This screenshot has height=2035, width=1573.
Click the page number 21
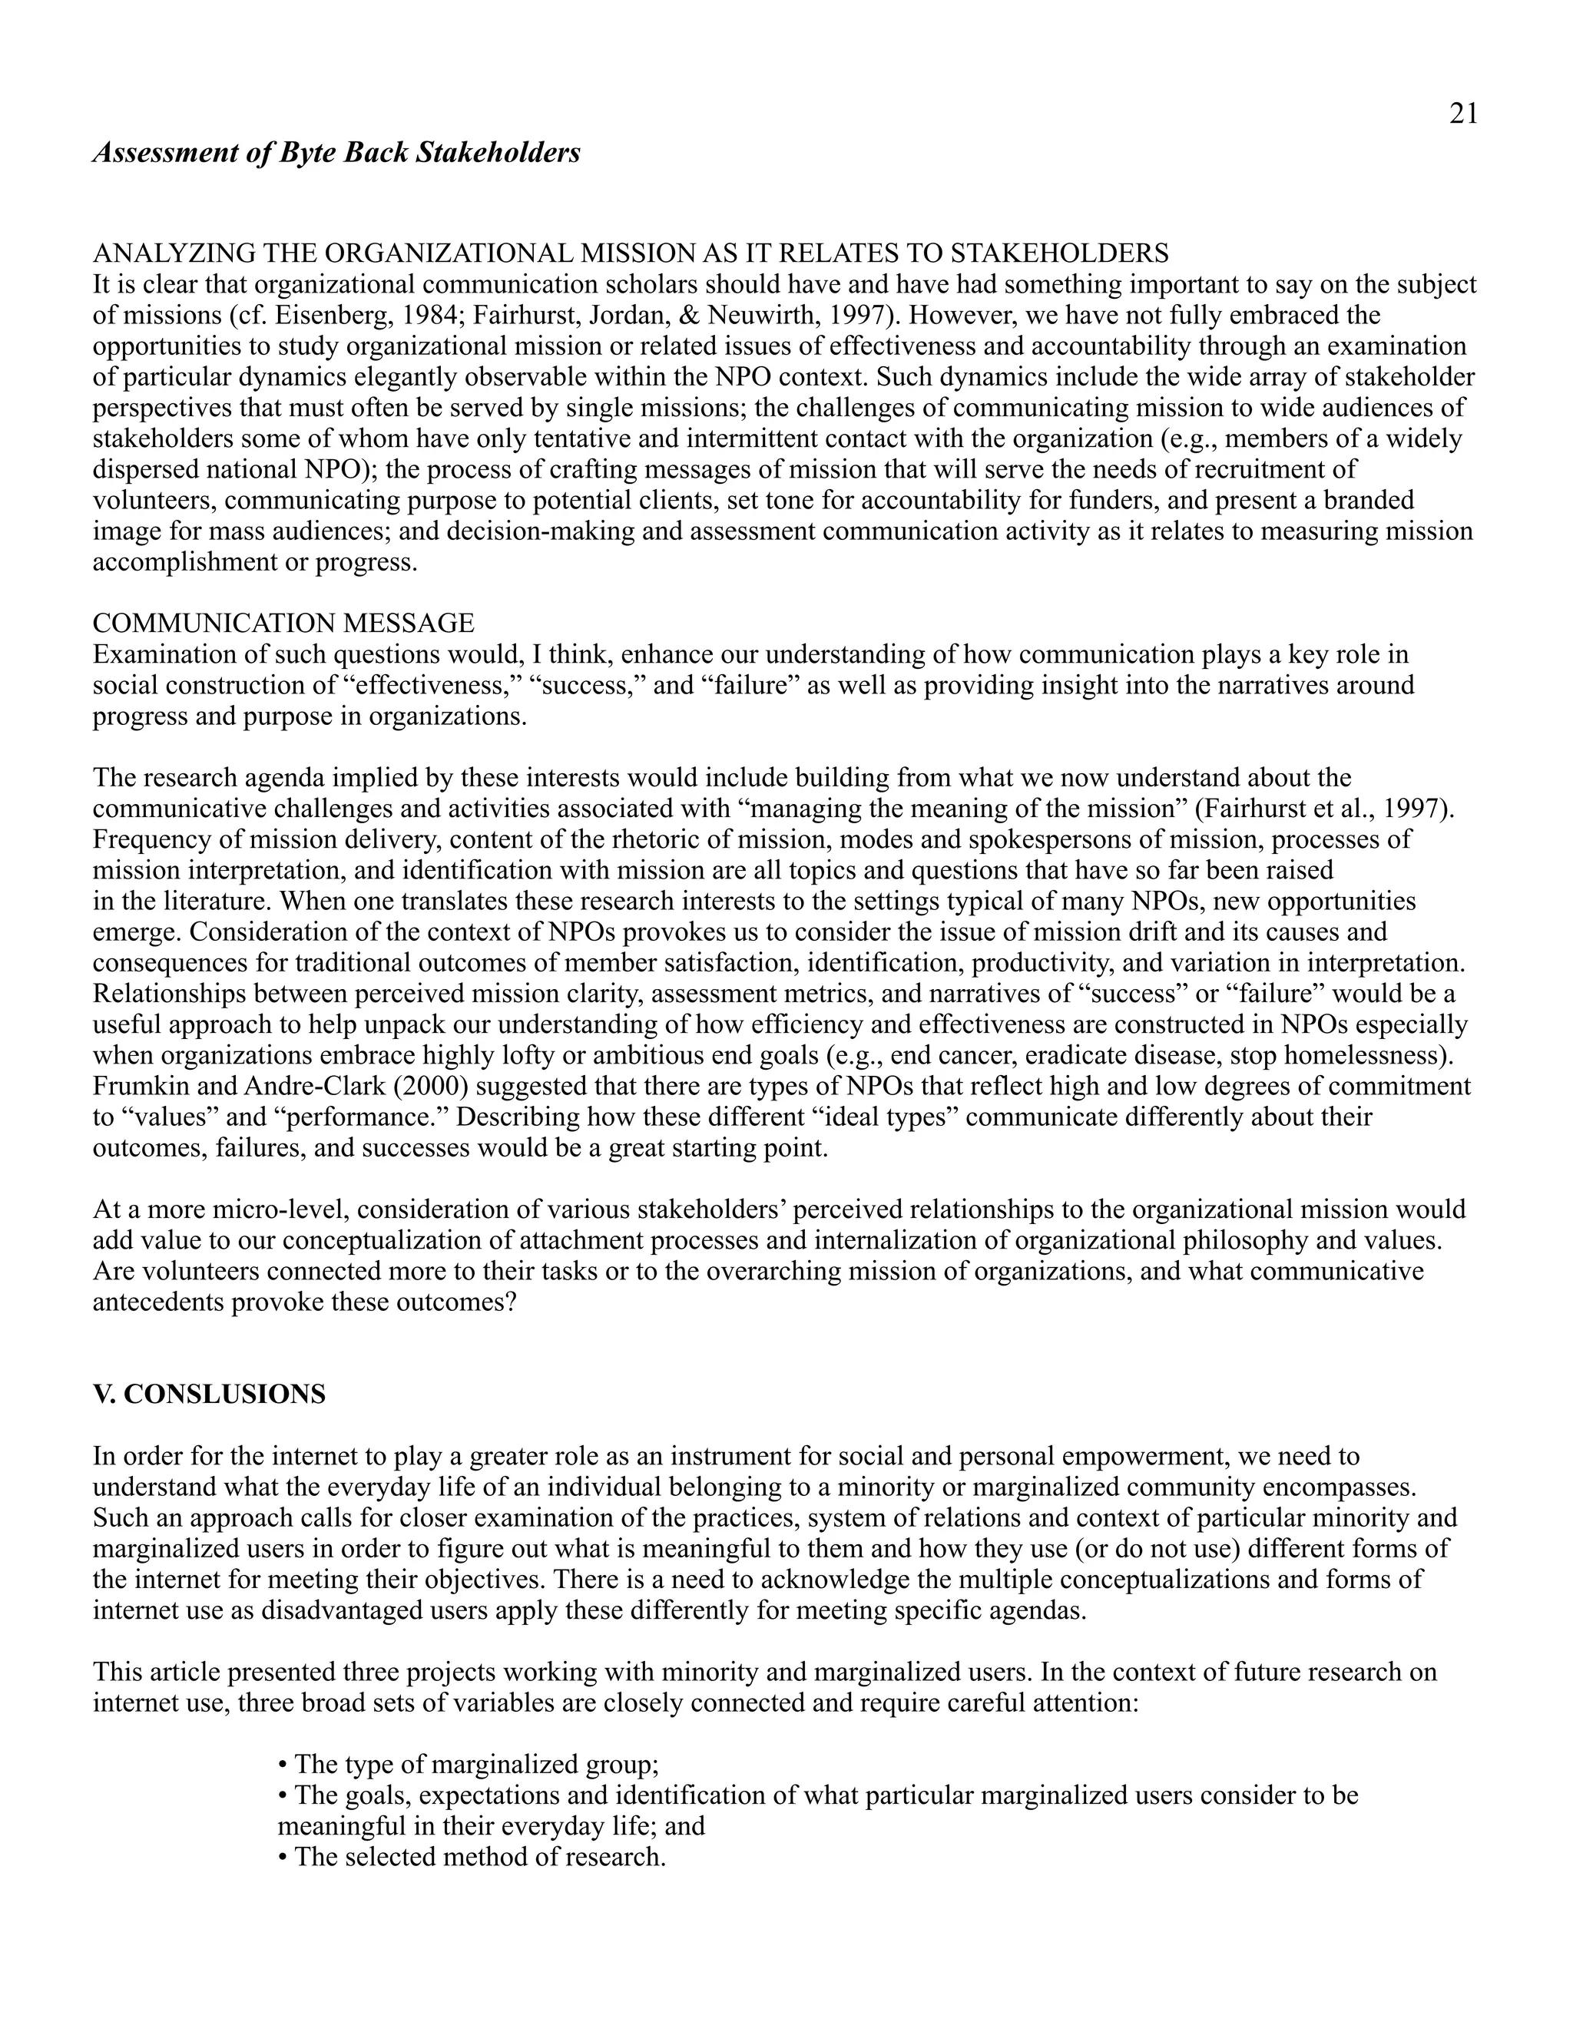(x=1463, y=114)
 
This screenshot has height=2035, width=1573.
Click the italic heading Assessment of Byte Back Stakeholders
(x=336, y=152)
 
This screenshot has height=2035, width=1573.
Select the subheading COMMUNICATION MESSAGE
(x=283, y=623)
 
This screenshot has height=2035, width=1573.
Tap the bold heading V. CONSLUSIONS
(x=210, y=1394)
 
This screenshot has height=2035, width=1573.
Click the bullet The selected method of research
(x=472, y=1857)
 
